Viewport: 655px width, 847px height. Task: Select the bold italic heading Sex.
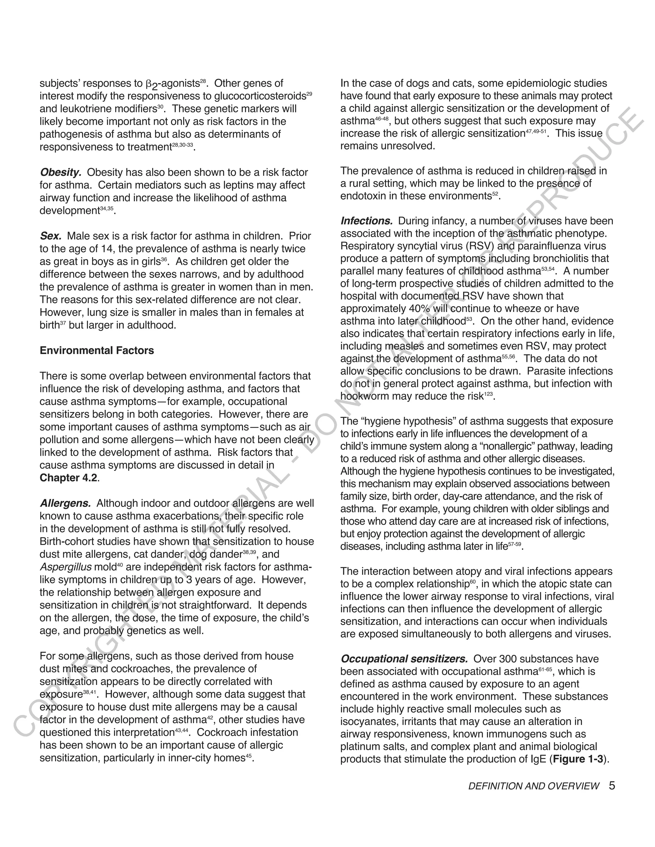coord(51,236)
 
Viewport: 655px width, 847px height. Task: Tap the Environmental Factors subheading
coord(97,351)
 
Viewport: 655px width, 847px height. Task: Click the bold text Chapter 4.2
coord(69,478)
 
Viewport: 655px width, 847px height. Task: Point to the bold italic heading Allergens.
coord(65,503)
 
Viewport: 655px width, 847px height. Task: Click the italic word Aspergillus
coord(66,567)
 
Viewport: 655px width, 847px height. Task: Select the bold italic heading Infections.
coord(366,221)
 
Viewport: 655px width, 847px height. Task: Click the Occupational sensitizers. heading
coord(404,659)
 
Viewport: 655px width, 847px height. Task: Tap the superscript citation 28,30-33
coord(182,145)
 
